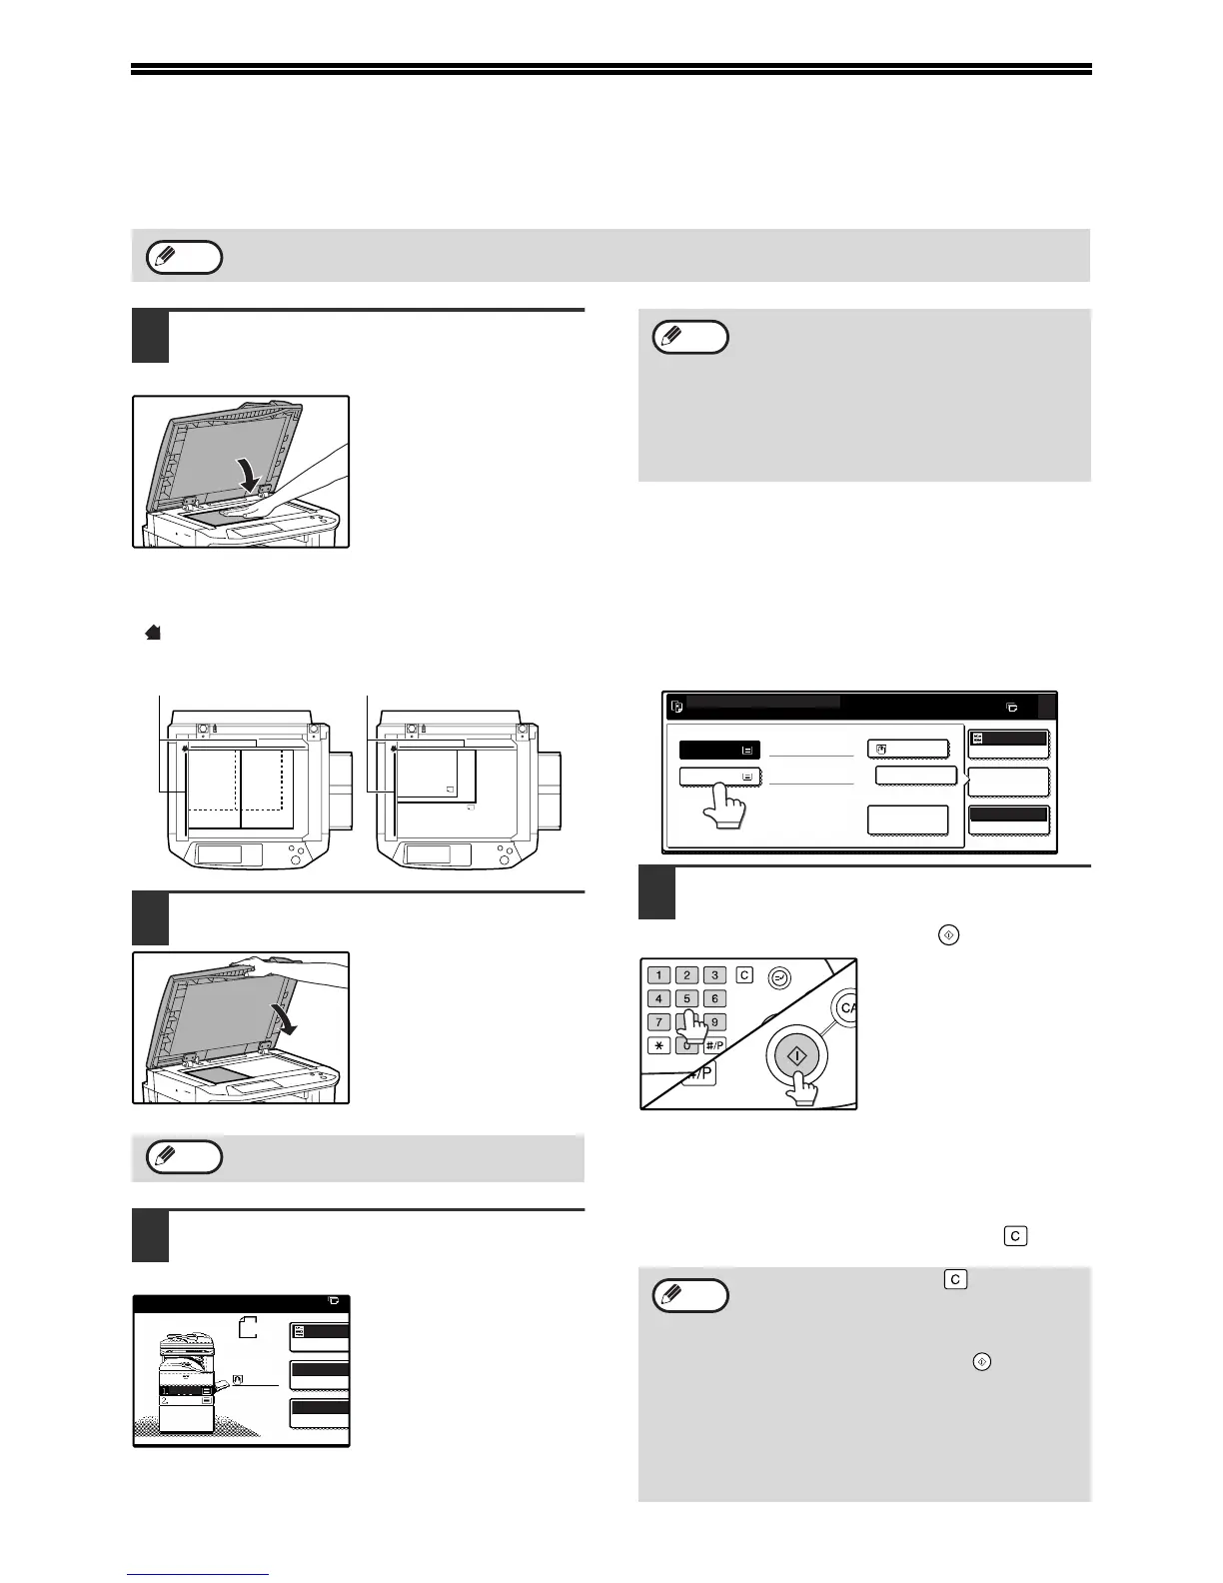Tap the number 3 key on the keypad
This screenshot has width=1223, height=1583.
pos(714,974)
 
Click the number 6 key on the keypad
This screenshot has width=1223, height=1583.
pos(714,998)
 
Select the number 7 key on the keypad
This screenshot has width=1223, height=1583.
pos(658,1022)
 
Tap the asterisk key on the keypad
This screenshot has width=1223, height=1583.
pos(658,1045)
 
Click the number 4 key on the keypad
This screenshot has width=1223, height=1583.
pos(658,998)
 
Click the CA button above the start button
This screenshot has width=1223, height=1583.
pos(845,1008)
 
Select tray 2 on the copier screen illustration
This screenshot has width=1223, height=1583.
pos(185,1402)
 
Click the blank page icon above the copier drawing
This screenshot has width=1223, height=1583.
pos(249,1327)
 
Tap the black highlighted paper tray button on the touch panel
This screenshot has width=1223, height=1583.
pos(718,750)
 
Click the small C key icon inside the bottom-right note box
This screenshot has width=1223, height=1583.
pos(955,1279)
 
